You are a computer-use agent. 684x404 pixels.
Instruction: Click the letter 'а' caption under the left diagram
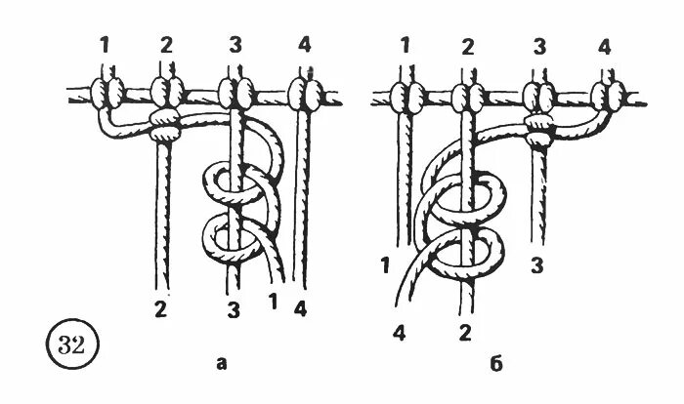point(222,364)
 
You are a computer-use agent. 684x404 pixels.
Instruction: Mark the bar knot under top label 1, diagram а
point(107,95)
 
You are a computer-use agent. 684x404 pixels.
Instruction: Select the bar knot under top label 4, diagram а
point(305,96)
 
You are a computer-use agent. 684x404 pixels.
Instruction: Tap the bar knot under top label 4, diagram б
point(612,95)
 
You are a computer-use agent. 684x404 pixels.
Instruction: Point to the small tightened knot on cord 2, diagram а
point(162,125)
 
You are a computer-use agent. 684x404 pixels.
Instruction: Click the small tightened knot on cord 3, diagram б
point(536,126)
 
